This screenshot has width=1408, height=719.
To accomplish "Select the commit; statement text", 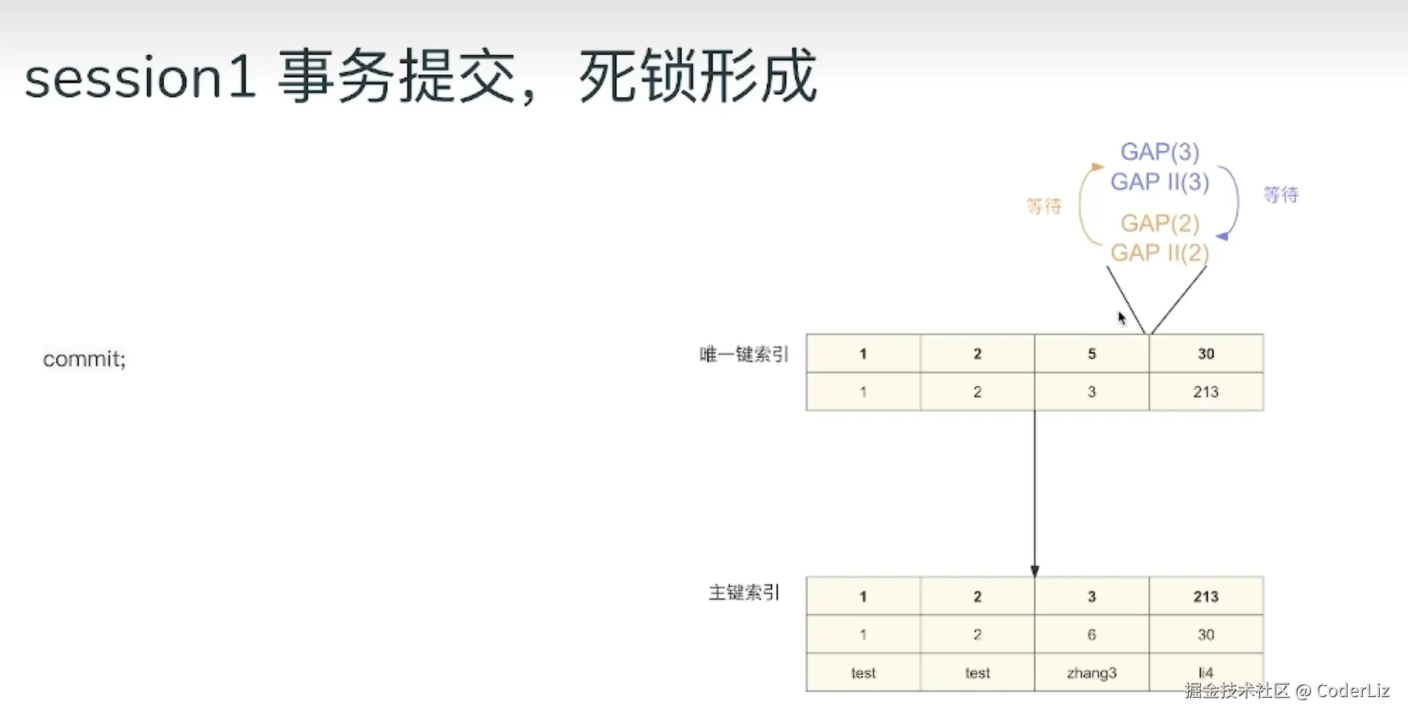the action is (x=84, y=359).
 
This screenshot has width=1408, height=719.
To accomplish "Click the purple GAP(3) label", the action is (x=1160, y=151).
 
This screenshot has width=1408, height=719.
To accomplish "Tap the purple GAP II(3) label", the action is (x=1160, y=182).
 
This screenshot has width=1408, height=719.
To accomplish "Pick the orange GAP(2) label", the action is (x=1160, y=223).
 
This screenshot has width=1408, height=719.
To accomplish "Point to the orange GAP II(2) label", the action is (x=1160, y=253).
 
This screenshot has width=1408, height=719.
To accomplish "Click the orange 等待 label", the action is (x=1044, y=206).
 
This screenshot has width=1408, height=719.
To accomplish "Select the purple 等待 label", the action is (x=1281, y=195).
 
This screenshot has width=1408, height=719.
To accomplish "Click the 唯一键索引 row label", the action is (x=744, y=354).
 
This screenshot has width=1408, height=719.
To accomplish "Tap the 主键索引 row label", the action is (x=744, y=592).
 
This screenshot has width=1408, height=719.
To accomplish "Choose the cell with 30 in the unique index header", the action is (x=1206, y=354).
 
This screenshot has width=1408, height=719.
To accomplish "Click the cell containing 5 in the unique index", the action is (x=1091, y=354).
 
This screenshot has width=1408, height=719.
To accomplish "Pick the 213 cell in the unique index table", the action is (x=1206, y=392).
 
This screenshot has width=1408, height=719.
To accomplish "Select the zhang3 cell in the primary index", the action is (x=1091, y=672).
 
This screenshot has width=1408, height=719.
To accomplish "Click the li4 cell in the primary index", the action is (x=1206, y=672).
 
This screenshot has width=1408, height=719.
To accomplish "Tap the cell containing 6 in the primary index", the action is (x=1091, y=635).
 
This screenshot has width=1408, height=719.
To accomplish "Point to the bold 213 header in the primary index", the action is (x=1206, y=597).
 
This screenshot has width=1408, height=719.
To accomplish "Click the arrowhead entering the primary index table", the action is (x=1034, y=571).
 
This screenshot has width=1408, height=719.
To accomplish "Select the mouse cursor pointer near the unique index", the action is (x=1121, y=318).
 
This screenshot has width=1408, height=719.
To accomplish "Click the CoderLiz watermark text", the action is (x=1352, y=691).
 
